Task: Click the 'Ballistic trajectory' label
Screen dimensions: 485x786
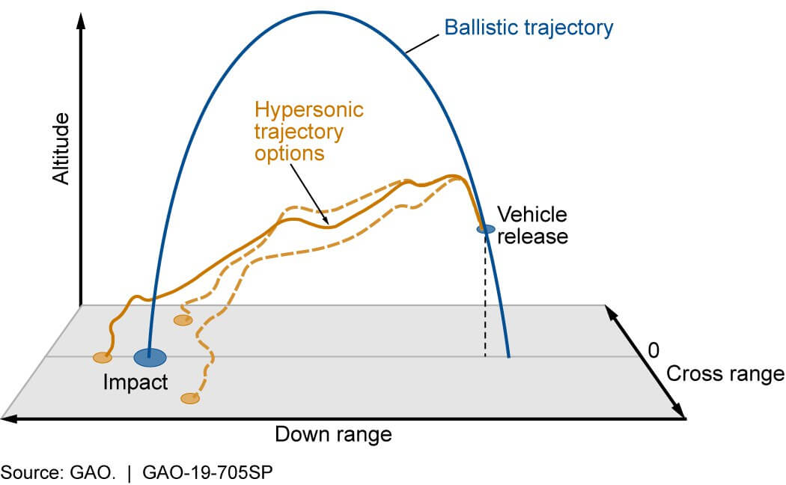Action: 528,28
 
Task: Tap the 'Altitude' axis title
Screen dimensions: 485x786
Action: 61,149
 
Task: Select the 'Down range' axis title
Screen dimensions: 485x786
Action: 333,435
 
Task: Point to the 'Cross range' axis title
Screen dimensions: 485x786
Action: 725,373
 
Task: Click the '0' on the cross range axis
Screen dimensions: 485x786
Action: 654,350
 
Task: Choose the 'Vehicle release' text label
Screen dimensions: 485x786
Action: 533,225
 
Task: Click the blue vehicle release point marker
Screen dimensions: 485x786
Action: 486,228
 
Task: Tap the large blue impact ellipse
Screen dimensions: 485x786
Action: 150,358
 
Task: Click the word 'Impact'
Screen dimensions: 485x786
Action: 135,382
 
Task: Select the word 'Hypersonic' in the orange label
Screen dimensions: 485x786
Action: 309,110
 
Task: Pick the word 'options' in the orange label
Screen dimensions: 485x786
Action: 289,153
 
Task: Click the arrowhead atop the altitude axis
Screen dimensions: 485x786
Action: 80,19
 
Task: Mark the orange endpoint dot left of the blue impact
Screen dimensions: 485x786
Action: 103,358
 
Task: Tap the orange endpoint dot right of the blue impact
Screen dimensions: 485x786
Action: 183,320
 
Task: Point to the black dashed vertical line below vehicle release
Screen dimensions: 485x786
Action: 485,299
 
